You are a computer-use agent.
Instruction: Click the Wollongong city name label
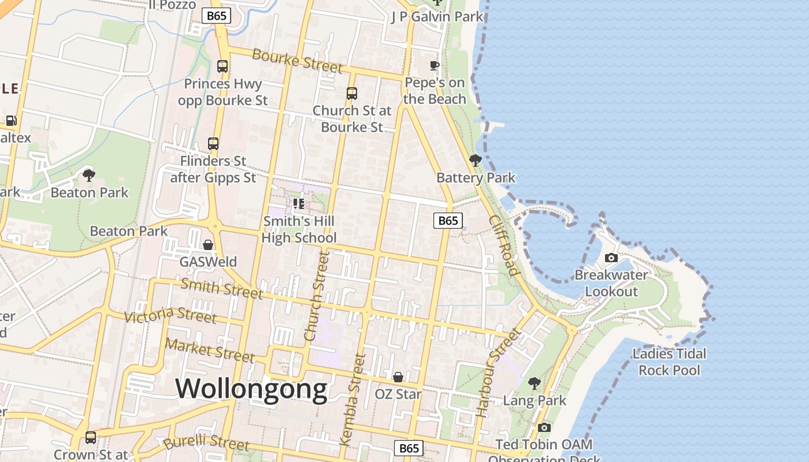[x=251, y=389]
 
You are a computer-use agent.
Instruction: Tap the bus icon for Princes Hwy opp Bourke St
[x=222, y=66]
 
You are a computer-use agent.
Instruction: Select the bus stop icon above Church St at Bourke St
[x=351, y=93]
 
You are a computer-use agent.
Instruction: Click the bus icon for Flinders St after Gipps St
[x=213, y=143]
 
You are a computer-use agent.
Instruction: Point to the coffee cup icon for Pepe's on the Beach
[x=435, y=65]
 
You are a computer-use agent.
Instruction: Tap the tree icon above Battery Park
[x=476, y=160]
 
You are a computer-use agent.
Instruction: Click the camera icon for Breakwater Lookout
[x=611, y=258]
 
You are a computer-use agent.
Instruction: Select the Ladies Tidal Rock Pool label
[x=669, y=362]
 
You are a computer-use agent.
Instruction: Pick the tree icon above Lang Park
[x=535, y=383]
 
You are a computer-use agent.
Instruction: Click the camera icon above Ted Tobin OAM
[x=544, y=427]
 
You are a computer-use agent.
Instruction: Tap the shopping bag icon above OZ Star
[x=398, y=377]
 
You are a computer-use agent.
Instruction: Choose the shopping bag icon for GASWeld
[x=208, y=245]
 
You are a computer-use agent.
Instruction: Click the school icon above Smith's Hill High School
[x=299, y=203]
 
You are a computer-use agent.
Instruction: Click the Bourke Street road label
[x=298, y=61]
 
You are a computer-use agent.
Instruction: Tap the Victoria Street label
[x=170, y=315]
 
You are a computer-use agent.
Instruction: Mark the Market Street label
[x=210, y=350]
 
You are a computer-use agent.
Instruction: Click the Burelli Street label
[x=206, y=442]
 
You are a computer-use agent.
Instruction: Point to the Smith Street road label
[x=222, y=288]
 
